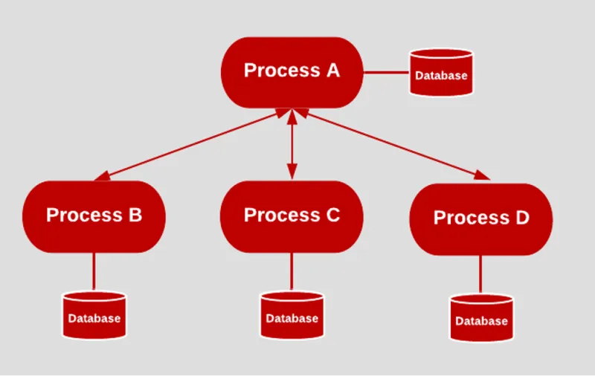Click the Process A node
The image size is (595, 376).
(x=292, y=71)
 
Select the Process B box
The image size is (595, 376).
(x=94, y=216)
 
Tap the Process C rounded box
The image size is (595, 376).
(x=292, y=216)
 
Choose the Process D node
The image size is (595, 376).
(x=481, y=218)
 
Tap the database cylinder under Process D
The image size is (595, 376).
(x=481, y=319)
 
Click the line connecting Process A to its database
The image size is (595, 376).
(x=385, y=73)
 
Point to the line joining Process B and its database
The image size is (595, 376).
(x=94, y=271)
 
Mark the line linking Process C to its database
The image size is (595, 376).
(x=292, y=271)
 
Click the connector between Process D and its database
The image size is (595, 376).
(x=480, y=274)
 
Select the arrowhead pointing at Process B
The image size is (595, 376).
(x=103, y=175)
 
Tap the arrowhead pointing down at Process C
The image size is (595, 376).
(x=292, y=173)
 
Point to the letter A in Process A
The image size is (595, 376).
(x=332, y=71)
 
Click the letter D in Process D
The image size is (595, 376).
(x=521, y=218)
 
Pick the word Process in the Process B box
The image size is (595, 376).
(x=80, y=215)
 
